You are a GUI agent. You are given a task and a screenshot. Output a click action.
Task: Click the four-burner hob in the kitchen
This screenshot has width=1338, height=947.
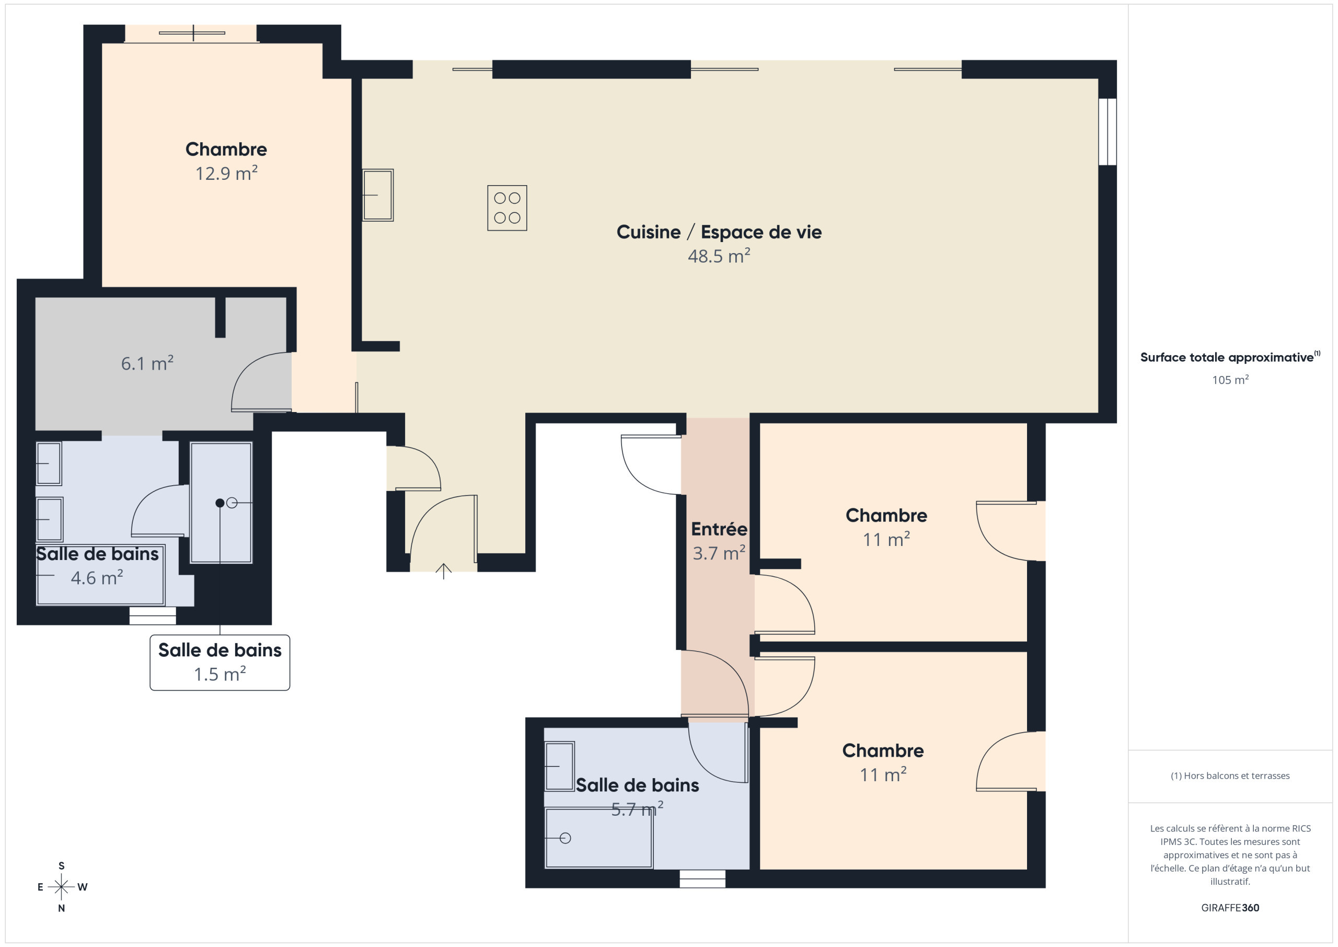click(507, 208)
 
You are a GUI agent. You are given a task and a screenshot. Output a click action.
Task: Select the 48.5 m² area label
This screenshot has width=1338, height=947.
click(719, 256)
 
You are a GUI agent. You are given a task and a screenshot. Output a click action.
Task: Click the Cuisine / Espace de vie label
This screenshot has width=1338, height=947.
click(719, 232)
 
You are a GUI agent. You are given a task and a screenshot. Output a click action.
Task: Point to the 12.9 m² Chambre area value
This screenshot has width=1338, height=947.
click(226, 173)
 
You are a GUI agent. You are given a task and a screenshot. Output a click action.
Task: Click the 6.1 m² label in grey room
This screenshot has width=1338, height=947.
click(147, 363)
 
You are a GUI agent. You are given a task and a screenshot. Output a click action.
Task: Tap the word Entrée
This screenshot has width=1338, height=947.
click(719, 529)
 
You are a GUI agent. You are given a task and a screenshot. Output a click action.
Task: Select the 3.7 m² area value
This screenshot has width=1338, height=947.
click(719, 553)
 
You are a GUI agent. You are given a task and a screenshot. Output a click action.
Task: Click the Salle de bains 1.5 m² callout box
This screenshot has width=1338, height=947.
click(220, 663)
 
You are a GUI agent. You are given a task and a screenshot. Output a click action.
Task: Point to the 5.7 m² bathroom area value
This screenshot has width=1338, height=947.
click(637, 809)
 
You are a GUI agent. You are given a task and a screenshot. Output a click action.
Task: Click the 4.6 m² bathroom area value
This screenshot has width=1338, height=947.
click(97, 578)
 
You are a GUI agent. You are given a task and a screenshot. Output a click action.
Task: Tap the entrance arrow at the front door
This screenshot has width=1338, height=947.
click(444, 572)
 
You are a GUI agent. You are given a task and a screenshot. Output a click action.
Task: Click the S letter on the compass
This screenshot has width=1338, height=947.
click(61, 866)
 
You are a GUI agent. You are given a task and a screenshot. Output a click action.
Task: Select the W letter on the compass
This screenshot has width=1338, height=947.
click(82, 887)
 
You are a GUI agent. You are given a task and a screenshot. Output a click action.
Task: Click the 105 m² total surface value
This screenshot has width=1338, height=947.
click(1230, 380)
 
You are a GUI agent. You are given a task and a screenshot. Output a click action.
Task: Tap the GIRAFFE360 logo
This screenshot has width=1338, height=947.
click(1230, 908)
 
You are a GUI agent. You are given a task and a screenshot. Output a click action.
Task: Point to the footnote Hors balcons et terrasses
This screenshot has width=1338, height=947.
click(1230, 775)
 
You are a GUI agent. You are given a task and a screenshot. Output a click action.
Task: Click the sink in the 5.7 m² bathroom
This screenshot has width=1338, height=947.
click(559, 766)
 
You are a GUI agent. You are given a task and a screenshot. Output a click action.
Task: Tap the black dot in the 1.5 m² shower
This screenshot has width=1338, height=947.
click(220, 503)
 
